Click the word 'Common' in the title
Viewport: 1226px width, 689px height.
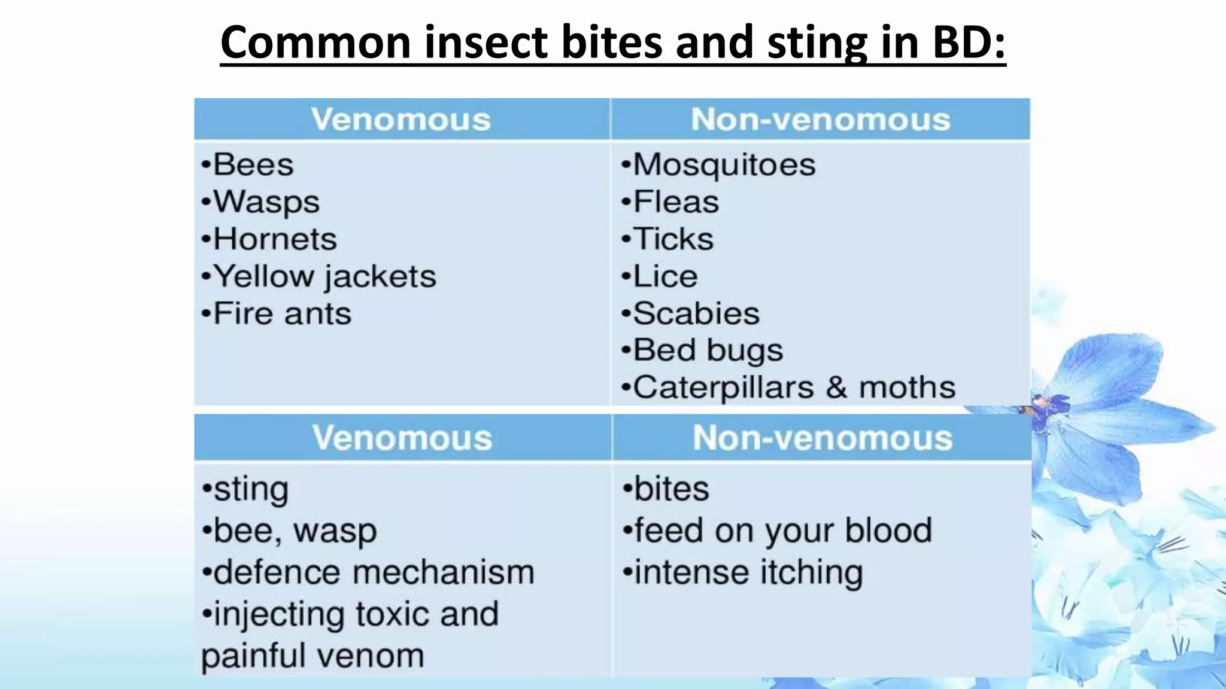[x=315, y=43]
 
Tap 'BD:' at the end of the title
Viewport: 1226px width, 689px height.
[x=969, y=43]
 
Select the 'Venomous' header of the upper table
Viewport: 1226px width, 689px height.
[x=401, y=119]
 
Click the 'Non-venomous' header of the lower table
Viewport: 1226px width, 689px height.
[x=823, y=438]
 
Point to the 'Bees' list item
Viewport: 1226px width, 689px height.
[x=253, y=164]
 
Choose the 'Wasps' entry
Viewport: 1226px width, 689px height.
[x=266, y=202]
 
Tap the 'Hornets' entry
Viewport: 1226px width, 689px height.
[x=275, y=239]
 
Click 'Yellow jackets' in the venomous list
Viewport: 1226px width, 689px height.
[x=324, y=276]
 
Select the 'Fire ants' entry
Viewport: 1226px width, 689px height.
[x=282, y=313]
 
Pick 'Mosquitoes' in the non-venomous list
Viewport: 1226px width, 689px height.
[x=724, y=164]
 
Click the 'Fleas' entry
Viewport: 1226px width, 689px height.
[x=676, y=202]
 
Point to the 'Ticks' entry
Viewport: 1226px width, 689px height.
[x=673, y=239]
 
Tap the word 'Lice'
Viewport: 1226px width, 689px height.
[x=665, y=276]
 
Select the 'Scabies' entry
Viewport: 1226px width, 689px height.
[x=696, y=313]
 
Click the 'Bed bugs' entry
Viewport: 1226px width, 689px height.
[x=708, y=350]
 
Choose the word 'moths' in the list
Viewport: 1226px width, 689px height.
[x=907, y=388]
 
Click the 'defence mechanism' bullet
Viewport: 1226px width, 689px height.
[x=374, y=572]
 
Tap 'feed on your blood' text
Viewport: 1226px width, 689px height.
[x=782, y=531]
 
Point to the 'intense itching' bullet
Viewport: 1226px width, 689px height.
[x=748, y=572]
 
